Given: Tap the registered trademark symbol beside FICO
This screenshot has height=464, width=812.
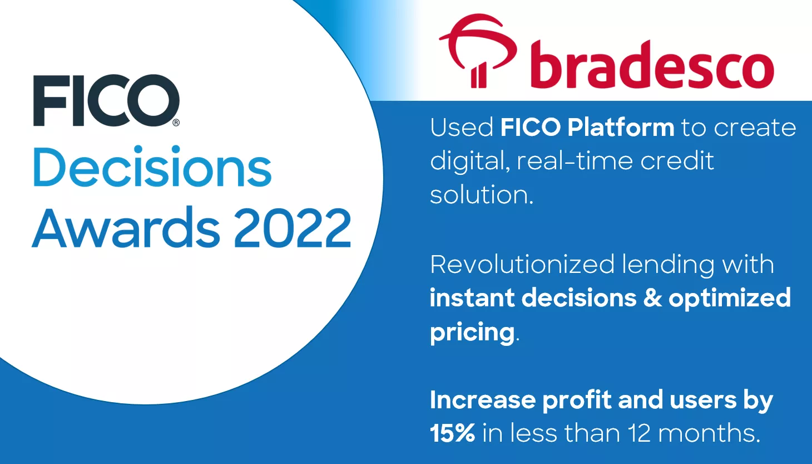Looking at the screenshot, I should point(176,123).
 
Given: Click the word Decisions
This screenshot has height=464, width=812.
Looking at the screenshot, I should point(152,168).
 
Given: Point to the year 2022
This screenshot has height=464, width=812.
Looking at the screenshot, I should point(292,228).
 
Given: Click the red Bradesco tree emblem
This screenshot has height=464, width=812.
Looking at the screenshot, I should point(477,50).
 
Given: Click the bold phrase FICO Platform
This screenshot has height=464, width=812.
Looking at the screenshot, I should point(587,128).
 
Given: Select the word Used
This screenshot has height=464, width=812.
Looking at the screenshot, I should point(462,128).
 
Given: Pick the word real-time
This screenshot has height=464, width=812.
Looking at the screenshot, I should point(575,161).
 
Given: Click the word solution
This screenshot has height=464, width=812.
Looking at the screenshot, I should point(481,195).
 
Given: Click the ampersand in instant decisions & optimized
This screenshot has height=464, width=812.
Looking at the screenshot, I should point(652,297).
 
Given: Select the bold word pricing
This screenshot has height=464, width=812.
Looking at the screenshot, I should point(472,333).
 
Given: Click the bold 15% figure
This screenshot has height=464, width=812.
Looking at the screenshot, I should point(452,433).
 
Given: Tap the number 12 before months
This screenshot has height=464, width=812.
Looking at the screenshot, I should point(639,433).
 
